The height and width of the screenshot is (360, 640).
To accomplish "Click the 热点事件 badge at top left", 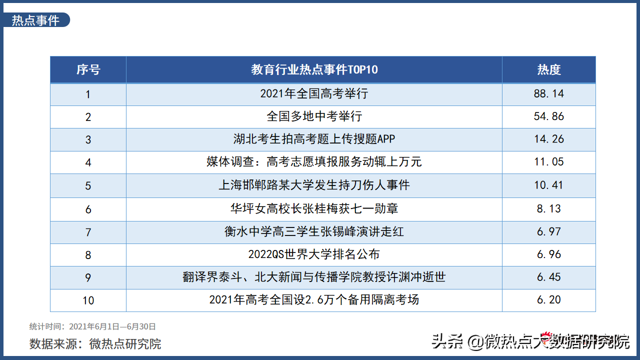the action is click(35, 20).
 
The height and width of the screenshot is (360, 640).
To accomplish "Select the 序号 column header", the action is click(88, 69).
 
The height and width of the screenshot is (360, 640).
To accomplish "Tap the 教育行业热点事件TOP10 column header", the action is click(314, 69).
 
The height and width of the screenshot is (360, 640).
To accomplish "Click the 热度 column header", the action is click(549, 69).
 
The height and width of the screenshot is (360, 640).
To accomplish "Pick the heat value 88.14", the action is click(549, 93).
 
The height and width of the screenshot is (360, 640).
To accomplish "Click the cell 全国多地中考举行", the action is click(314, 116).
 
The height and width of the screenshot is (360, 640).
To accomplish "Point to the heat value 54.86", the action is click(549, 116).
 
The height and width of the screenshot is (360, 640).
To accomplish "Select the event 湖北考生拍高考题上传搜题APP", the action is click(314, 139).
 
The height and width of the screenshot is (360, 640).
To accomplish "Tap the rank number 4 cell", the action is click(88, 162).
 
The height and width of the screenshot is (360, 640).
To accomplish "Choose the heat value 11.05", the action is click(549, 161).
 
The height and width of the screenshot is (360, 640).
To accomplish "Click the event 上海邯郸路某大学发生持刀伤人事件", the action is click(314, 185).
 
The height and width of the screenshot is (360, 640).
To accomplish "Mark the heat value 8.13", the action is click(549, 208).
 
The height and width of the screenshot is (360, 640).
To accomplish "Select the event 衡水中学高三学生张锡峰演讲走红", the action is click(314, 231).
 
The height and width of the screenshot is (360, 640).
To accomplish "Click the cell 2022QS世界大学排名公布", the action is click(314, 254).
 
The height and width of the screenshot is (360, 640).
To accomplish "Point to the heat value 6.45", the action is click(549, 277).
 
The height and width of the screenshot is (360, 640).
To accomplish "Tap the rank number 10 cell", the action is click(88, 300).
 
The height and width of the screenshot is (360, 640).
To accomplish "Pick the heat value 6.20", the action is click(549, 299).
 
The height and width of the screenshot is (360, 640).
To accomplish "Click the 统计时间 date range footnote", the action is click(92, 326).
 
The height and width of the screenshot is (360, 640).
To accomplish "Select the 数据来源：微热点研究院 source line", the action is click(95, 343).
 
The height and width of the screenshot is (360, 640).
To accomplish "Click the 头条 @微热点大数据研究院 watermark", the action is click(530, 341).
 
